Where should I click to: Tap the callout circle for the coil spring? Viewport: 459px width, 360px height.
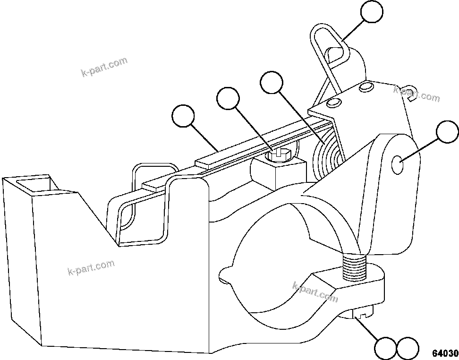[x=272, y=83]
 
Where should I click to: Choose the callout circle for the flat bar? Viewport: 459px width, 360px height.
[x=183, y=116]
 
